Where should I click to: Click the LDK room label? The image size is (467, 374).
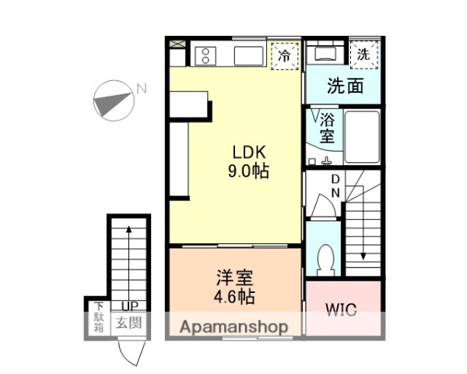tap(248, 153)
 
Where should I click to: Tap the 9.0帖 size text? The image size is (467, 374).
tap(248, 172)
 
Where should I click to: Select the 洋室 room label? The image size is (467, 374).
tap(234, 278)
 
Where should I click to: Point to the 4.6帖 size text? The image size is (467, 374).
tap(234, 297)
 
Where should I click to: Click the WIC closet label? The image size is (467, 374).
tap(342, 310)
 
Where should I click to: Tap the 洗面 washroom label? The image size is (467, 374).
tap(345, 86)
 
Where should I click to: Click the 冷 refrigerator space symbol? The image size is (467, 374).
tap(285, 55)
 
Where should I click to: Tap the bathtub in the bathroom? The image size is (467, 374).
tap(361, 136)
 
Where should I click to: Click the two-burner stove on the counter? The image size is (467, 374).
tap(206, 55)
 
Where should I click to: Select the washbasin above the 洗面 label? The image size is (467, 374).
tap(322, 54)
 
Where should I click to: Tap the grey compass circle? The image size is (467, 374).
tap(111, 102)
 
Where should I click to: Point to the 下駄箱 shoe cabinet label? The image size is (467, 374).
tap(100, 317)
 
